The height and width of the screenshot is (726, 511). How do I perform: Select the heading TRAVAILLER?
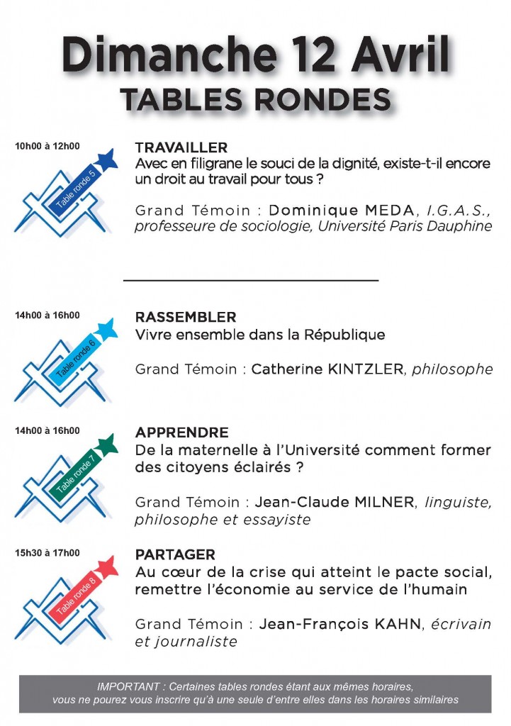click(x=181, y=147)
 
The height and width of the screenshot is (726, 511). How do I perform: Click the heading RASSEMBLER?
click(x=186, y=317)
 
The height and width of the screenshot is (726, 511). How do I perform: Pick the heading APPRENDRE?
click(x=181, y=432)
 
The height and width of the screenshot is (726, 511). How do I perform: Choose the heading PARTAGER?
click(x=175, y=554)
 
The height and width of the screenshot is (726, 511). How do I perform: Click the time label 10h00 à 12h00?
click(x=47, y=147)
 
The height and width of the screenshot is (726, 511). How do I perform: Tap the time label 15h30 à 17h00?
click(x=47, y=553)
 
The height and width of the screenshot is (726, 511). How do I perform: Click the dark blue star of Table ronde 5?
click(x=106, y=160)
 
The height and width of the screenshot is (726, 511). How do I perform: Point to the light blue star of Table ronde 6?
click(x=106, y=328)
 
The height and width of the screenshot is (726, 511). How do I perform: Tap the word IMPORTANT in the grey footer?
click(x=130, y=686)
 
